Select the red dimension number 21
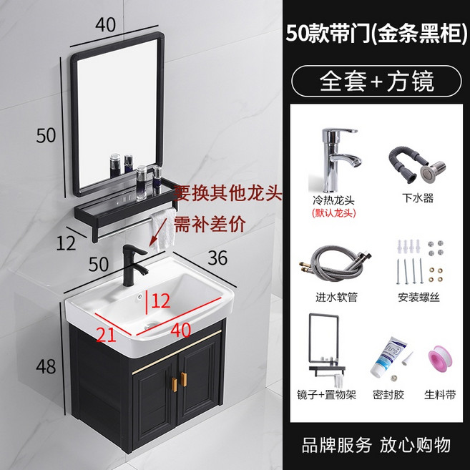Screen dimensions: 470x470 (106, 335)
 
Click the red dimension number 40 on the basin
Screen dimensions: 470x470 (181, 330)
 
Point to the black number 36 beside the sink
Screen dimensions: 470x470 (217, 258)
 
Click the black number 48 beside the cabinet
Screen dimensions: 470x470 (46, 366)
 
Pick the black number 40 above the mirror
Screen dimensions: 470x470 (105, 24)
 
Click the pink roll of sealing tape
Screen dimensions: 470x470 (441, 359)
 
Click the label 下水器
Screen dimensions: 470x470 (418, 198)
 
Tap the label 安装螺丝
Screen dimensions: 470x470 (418, 297)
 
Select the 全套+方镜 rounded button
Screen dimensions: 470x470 (376, 81)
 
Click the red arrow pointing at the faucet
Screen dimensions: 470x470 (157, 232)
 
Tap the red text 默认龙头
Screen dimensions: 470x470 (333, 213)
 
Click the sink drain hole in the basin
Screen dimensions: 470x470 (152, 325)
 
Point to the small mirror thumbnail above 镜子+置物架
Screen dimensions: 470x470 (327, 349)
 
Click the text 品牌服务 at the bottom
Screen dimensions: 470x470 (337, 445)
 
